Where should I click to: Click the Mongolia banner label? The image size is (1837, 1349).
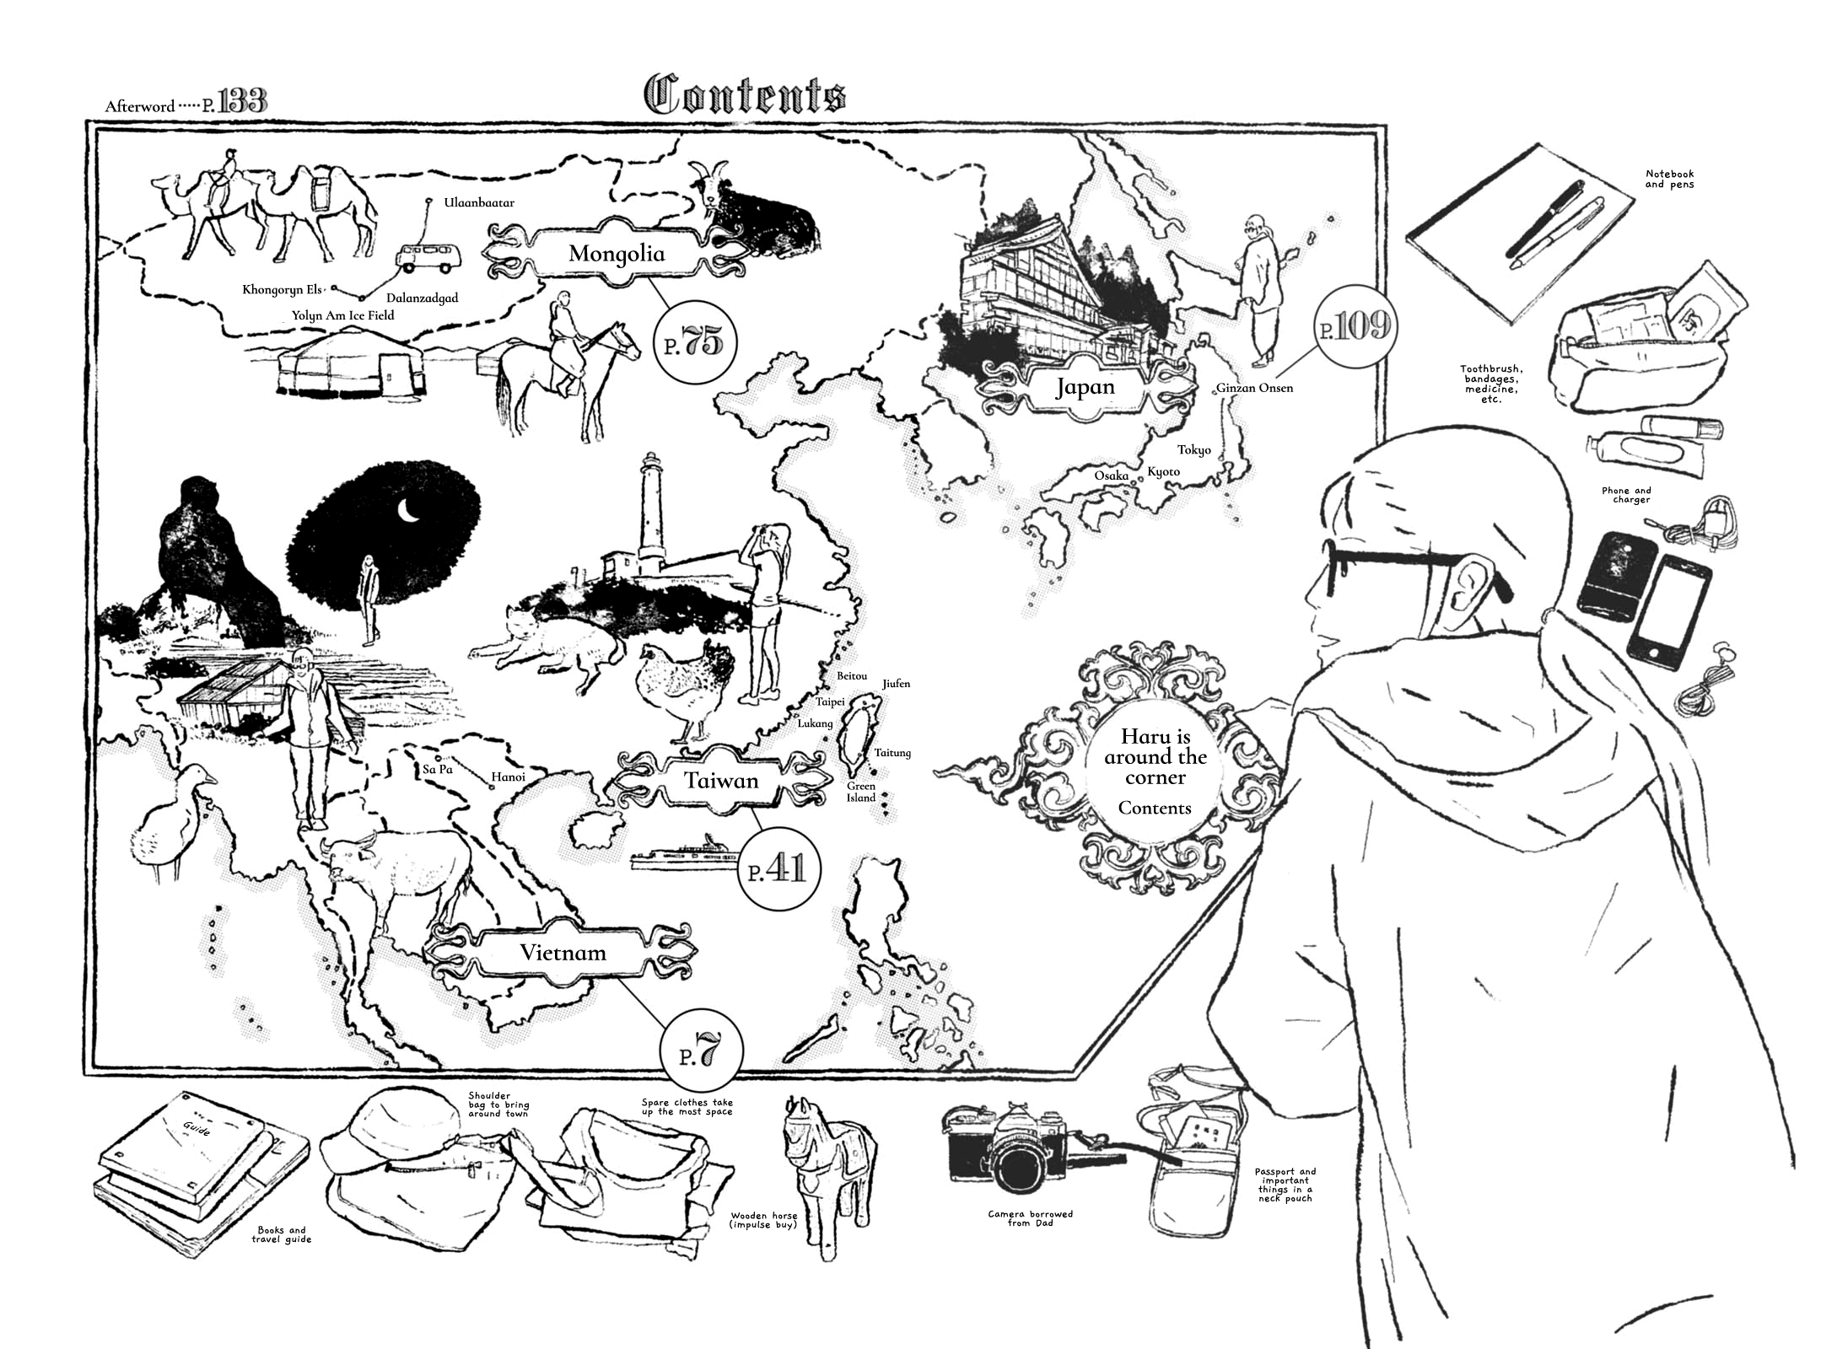[617, 253]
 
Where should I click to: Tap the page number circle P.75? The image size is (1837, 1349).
[696, 343]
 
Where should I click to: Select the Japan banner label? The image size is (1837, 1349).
[1085, 387]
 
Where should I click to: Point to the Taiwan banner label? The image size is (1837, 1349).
[721, 781]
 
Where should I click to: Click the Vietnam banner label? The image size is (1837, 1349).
[563, 953]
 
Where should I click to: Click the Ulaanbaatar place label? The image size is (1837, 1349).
[479, 203]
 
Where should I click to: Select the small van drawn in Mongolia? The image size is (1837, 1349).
[429, 258]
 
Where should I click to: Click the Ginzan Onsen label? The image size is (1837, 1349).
[1254, 388]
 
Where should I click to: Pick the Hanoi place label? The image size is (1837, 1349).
[508, 777]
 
